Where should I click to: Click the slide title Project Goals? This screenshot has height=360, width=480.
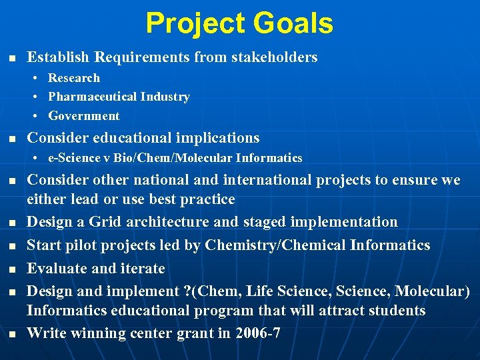click(x=239, y=23)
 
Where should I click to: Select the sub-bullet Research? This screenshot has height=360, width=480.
click(x=73, y=78)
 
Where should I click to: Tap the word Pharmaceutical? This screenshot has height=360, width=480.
click(x=91, y=97)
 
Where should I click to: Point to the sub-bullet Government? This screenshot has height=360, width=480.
click(x=83, y=116)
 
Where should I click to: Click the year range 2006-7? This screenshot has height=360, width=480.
click(x=258, y=333)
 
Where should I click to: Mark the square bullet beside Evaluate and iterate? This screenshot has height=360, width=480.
click(x=11, y=269)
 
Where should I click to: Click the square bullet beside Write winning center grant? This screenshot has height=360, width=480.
click(x=11, y=333)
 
